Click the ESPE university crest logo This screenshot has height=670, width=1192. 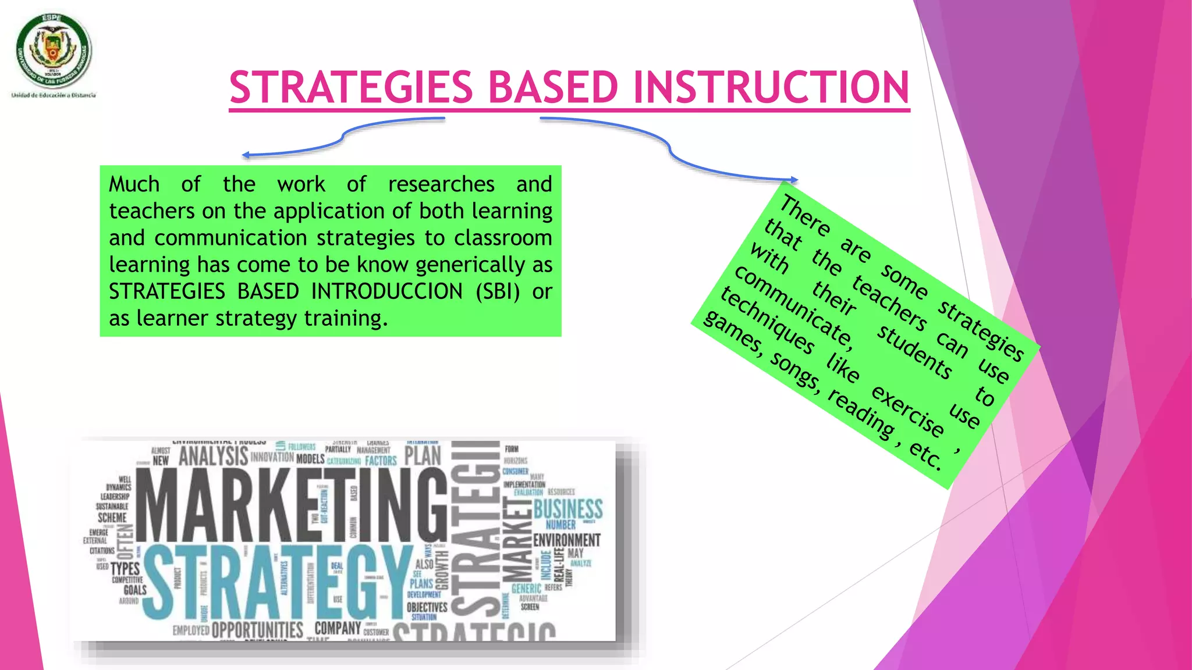tap(54, 51)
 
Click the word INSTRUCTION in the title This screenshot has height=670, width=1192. tap(771, 88)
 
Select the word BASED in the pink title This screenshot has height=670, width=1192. tap(552, 88)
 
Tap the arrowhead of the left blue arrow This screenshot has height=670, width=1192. tap(246, 155)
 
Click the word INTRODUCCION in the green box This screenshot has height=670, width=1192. tap(386, 291)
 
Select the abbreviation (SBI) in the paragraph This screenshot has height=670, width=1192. tap(498, 291)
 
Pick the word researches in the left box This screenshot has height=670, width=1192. tap(441, 184)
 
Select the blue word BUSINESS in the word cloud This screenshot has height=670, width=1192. tap(568, 509)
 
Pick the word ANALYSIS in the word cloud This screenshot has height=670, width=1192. tap(213, 456)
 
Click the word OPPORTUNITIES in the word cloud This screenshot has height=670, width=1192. tap(257, 630)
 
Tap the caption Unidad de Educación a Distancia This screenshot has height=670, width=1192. tap(54, 95)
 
